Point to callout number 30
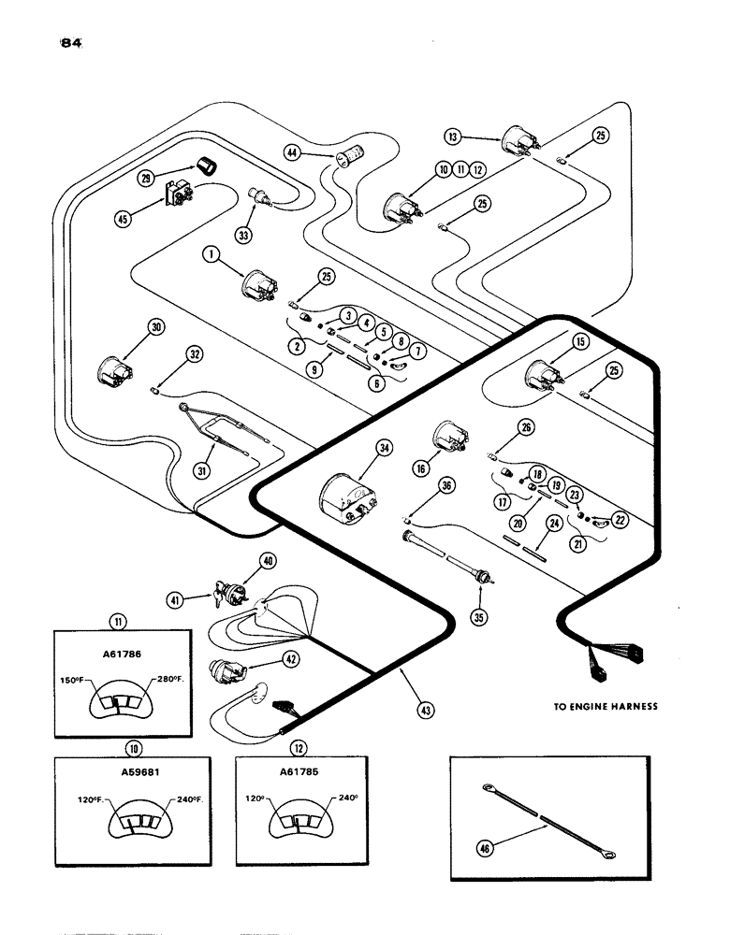154,327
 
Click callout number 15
580,344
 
